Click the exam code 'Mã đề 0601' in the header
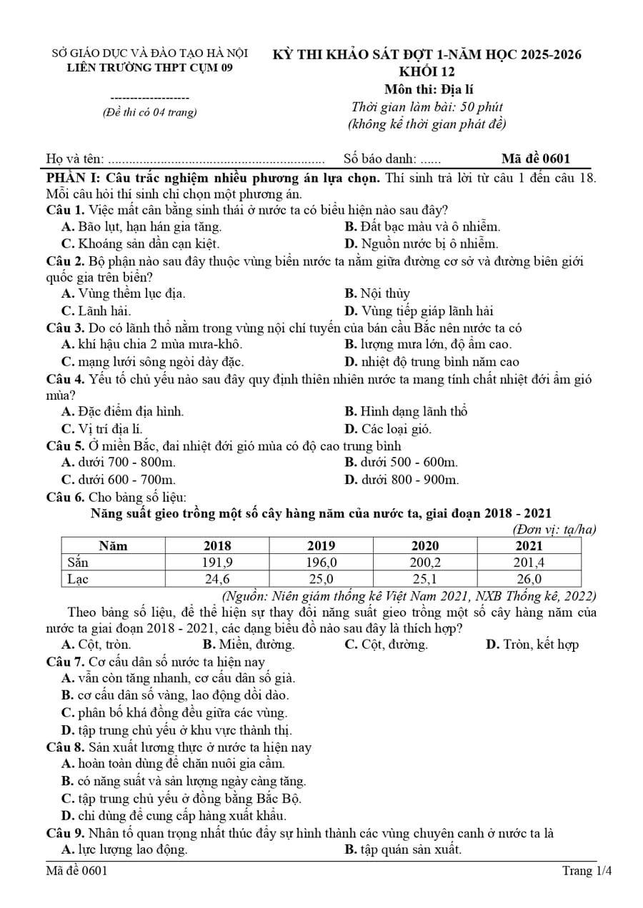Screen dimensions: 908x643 pyautogui.click(x=536, y=159)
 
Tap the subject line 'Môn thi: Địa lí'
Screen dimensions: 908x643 pyautogui.click(x=428, y=89)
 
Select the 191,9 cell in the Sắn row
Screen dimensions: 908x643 pyautogui.click(x=217, y=563)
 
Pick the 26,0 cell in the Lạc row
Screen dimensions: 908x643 pyautogui.click(x=529, y=579)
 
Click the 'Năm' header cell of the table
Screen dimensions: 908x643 pyautogui.click(x=113, y=546)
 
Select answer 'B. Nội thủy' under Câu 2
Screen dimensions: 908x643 pyautogui.click(x=377, y=293)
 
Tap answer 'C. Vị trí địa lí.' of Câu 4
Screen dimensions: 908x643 pyautogui.click(x=102, y=428)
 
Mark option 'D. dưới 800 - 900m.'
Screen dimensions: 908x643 pyautogui.click(x=402, y=480)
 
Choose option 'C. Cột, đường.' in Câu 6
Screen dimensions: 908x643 pyautogui.click(x=386, y=645)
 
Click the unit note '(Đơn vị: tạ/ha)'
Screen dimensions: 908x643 pyautogui.click(x=554, y=530)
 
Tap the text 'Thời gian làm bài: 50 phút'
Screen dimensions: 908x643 pyautogui.click(x=427, y=107)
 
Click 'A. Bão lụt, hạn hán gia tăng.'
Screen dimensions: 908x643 pyautogui.click(x=141, y=227)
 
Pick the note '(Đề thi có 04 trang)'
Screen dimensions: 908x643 pyautogui.click(x=150, y=112)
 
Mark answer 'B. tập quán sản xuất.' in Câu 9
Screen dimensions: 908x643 pyautogui.click(x=403, y=849)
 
